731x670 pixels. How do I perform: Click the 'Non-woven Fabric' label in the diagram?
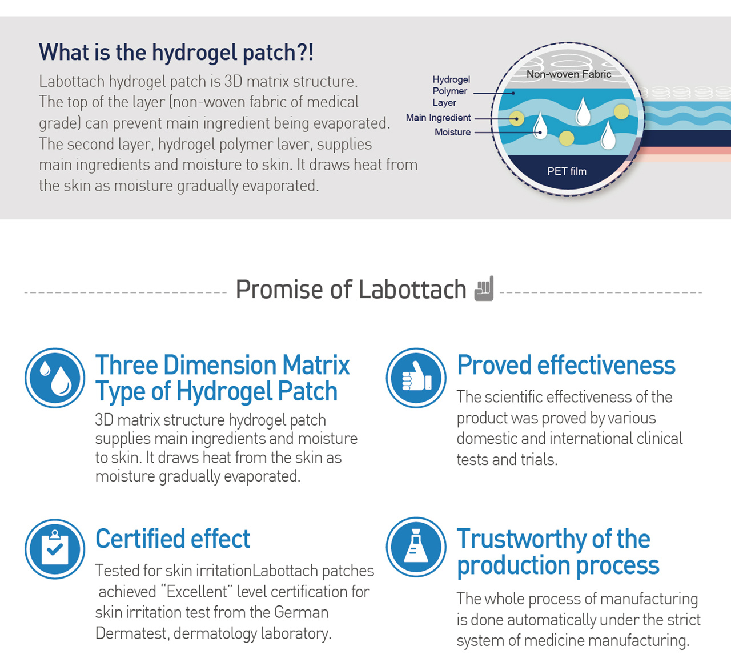[568, 74]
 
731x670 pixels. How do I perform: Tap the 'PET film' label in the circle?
[567, 171]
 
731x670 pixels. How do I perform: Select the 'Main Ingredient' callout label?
[438, 117]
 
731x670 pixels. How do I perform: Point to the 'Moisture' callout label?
[452, 132]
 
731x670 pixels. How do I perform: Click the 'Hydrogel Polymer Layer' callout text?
[451, 91]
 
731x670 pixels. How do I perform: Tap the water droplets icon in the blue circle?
[55, 378]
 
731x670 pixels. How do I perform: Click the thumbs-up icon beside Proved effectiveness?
[416, 378]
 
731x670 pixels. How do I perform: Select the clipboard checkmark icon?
[55, 549]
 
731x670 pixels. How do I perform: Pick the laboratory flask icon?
[416, 547]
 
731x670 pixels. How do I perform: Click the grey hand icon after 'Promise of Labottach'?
[484, 288]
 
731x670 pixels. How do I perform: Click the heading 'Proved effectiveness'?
[566, 365]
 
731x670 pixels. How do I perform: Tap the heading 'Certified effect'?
[172, 539]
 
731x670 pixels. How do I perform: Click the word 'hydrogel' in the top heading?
[195, 53]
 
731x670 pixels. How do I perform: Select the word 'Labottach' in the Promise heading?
[412, 290]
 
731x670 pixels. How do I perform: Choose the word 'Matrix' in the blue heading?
[316, 365]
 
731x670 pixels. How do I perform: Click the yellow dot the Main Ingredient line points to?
[516, 118]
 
